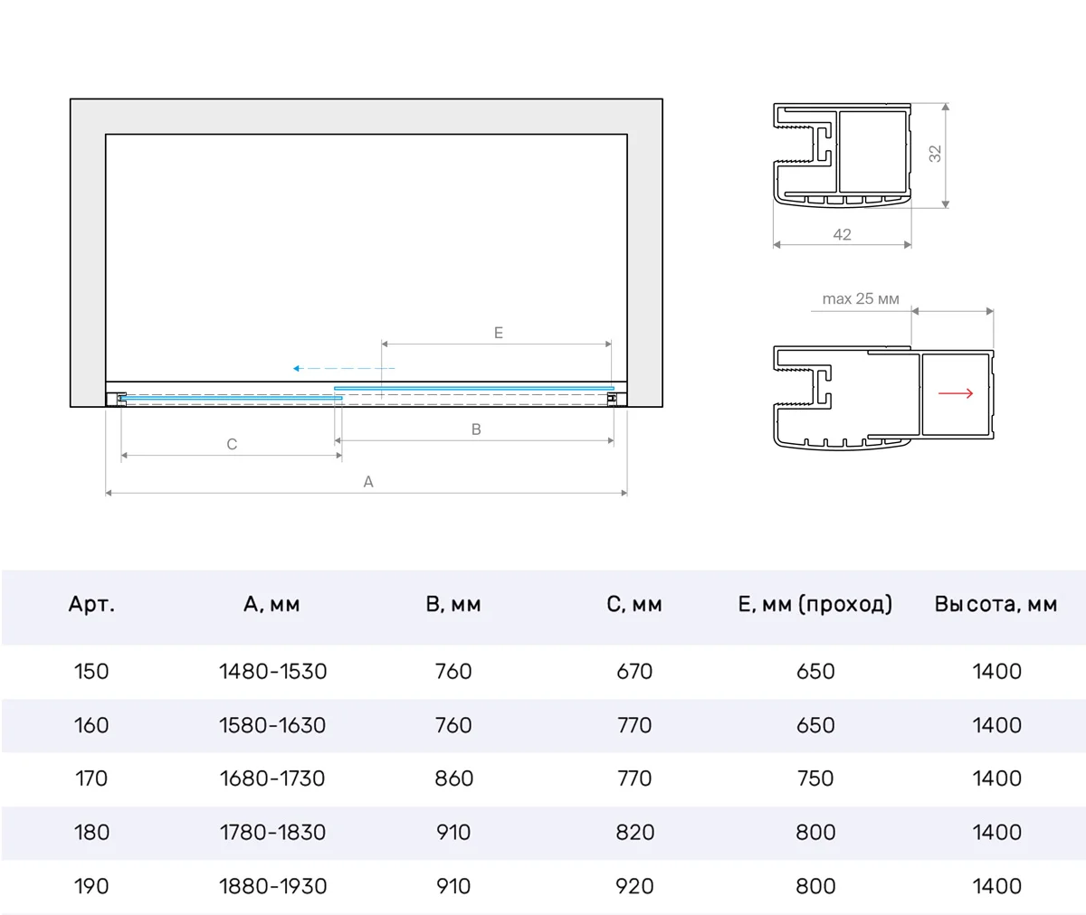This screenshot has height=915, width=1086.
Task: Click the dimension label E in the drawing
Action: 499,333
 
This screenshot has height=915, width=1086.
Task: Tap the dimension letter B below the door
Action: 476,429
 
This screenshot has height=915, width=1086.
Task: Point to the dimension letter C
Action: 232,444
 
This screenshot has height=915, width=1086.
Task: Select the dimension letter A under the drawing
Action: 368,482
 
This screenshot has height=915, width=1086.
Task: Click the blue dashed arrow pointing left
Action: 344,368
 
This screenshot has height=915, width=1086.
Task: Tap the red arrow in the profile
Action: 956,393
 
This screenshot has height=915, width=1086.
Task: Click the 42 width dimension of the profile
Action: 842,234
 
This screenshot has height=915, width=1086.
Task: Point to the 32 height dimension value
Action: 935,154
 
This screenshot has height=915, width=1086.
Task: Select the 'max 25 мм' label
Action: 861,298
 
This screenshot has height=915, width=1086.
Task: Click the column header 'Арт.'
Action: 91,604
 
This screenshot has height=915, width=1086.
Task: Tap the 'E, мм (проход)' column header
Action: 815,604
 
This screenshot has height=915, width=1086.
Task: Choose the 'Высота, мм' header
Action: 996,604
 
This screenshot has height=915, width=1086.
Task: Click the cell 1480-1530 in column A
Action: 272,671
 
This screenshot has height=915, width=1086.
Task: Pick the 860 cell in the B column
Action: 454,778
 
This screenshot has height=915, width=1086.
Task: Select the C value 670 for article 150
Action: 634,671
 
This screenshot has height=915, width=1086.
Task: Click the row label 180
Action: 91,833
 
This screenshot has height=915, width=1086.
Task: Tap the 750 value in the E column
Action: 815,778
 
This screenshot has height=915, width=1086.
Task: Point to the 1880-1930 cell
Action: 272,886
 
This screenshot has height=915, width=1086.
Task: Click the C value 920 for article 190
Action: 634,886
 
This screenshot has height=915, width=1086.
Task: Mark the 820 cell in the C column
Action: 634,833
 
